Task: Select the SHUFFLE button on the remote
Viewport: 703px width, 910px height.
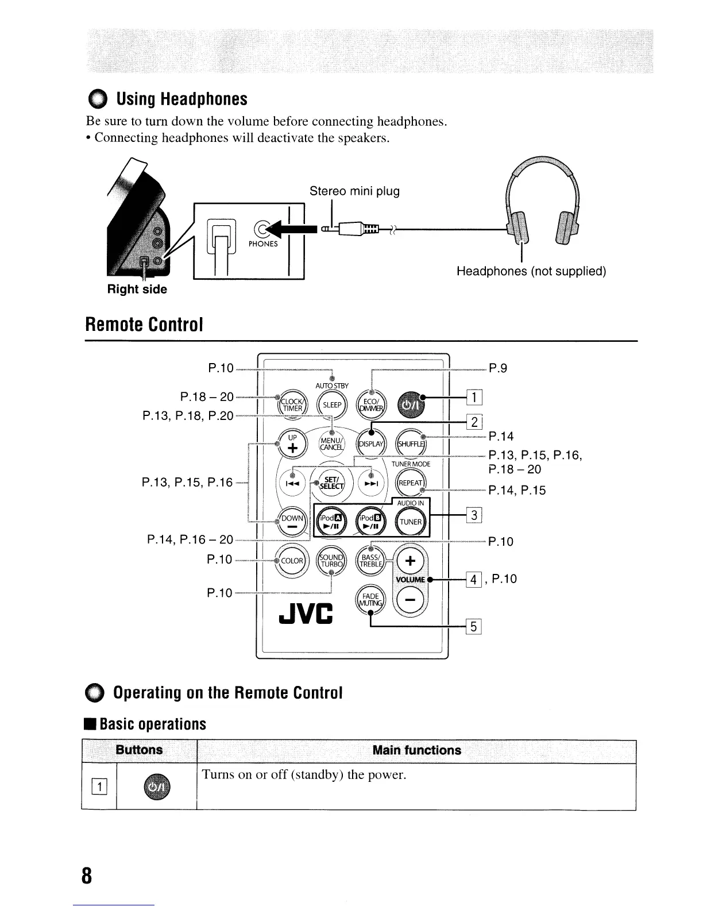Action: (411, 444)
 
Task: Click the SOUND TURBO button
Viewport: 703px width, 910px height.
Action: (332, 561)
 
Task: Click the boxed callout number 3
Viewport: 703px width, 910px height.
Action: (474, 515)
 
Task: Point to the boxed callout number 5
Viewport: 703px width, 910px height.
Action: (474, 627)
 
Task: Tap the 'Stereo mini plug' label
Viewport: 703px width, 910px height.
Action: (354, 191)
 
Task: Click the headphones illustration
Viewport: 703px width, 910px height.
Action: (542, 205)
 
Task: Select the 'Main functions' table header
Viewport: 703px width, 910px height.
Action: (416, 750)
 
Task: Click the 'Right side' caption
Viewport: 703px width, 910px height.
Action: (137, 290)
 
